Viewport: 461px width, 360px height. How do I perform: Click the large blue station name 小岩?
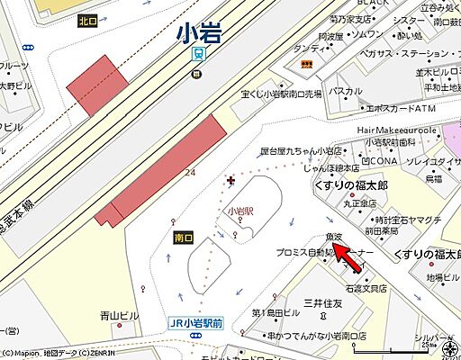[x=198, y=33]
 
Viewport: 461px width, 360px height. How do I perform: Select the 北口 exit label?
[x=87, y=21]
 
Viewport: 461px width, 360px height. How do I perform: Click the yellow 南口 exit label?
[x=183, y=238]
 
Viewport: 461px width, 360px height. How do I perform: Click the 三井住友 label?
[x=323, y=303]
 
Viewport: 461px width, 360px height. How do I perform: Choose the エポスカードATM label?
[x=375, y=108]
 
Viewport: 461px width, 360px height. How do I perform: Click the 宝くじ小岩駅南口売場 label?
[x=286, y=93]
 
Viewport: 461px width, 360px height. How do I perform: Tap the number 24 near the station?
[x=190, y=172]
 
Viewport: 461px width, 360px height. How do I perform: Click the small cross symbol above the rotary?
[x=231, y=181]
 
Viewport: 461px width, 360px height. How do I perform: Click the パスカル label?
[x=345, y=91]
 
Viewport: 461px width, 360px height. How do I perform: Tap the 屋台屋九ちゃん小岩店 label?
[x=307, y=150]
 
